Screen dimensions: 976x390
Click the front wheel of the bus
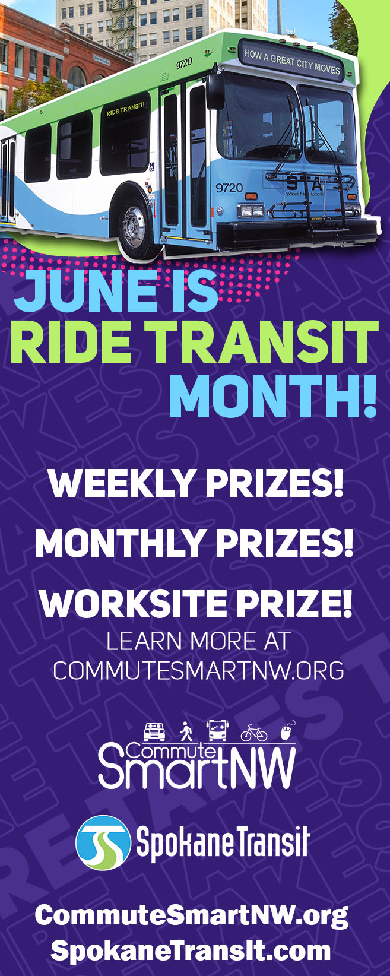pos(138,226)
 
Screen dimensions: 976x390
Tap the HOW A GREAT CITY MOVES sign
pos(292,61)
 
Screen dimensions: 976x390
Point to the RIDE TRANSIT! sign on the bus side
pos(125,106)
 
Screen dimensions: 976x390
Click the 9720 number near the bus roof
pos(184,62)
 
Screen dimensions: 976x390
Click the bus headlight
pos(251,210)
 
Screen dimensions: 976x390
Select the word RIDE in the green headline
pos(72,343)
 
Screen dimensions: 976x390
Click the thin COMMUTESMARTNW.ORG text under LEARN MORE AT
pos(198,670)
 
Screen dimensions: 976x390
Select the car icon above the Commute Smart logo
pos(154,731)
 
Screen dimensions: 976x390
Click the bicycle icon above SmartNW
pos(253,733)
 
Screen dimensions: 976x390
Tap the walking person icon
pos(186,731)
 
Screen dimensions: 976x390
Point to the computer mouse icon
pos(287,731)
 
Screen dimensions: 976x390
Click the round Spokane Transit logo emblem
pos(103,842)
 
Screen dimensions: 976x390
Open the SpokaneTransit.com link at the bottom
pos(191,950)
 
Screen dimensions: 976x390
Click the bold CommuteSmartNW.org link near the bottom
pos(191,915)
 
